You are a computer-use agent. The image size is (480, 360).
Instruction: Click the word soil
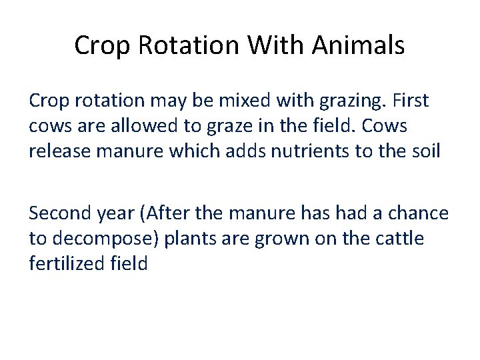425,151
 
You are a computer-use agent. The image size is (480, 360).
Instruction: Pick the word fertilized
66,263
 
